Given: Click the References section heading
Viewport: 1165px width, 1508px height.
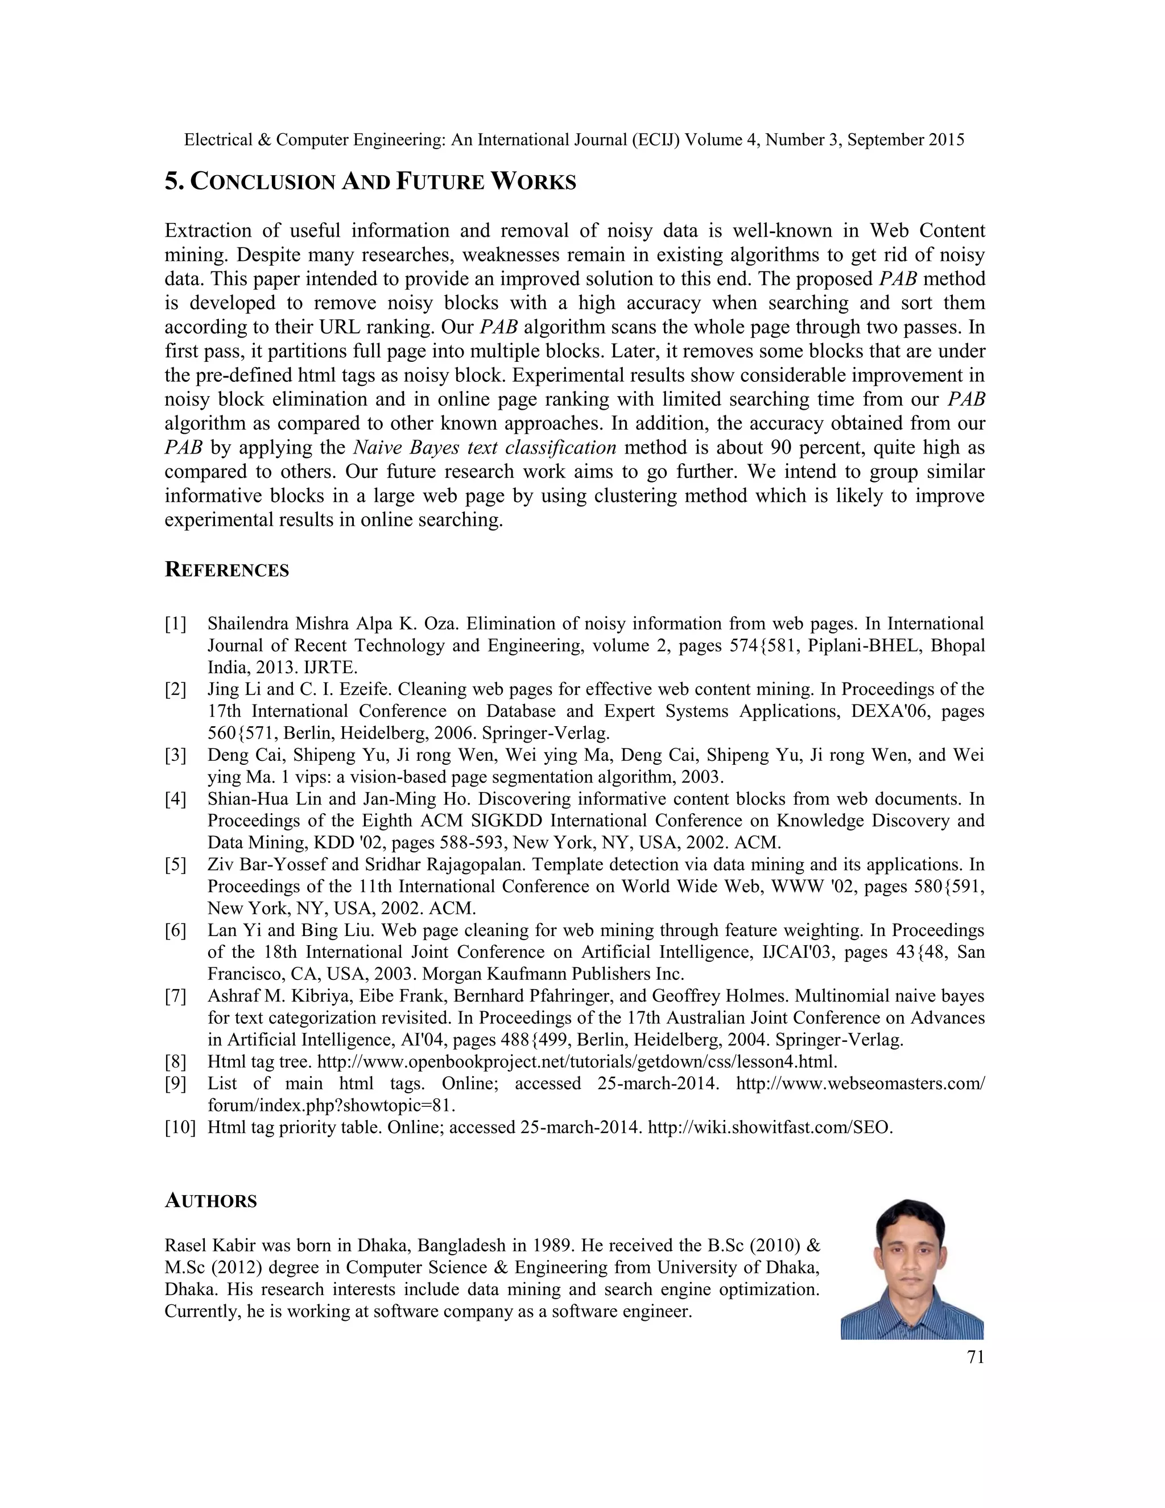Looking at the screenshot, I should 226,570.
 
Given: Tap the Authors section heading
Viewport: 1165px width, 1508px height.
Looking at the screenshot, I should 210,1201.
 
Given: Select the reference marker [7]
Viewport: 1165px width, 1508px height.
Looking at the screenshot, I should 175,996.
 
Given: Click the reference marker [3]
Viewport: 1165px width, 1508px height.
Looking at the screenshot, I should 175,755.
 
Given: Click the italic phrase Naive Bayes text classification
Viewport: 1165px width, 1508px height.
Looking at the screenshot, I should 485,448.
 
